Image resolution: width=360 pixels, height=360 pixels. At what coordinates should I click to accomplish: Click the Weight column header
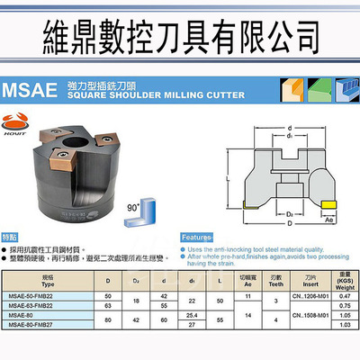point(339,287)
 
